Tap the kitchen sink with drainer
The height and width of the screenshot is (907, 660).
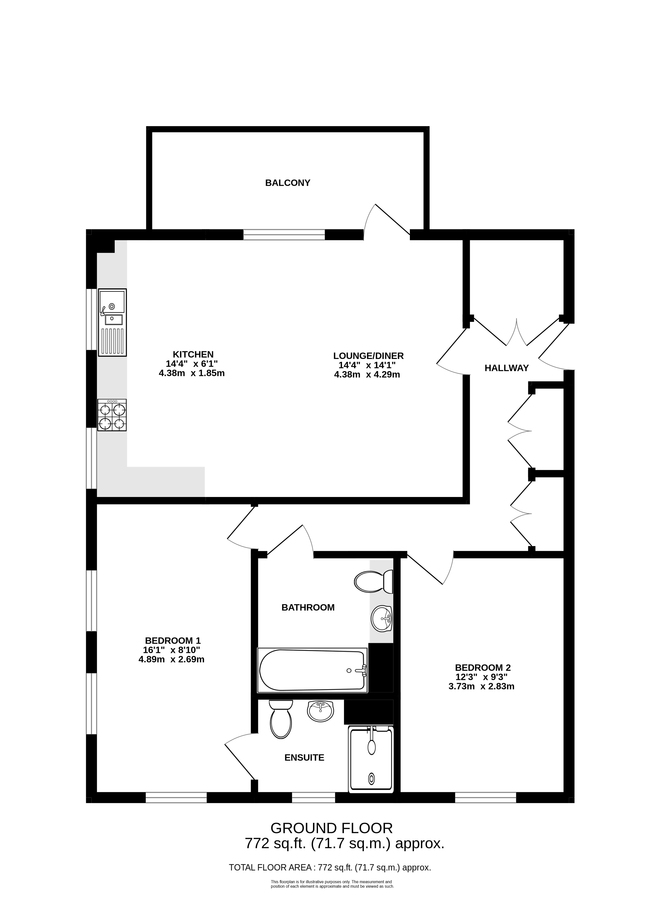[113, 322]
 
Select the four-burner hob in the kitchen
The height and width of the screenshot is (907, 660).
[112, 415]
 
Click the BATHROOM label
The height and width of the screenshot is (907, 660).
[308, 608]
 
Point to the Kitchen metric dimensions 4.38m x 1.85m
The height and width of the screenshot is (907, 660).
[192, 373]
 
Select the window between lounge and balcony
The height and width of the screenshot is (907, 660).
[284, 235]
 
